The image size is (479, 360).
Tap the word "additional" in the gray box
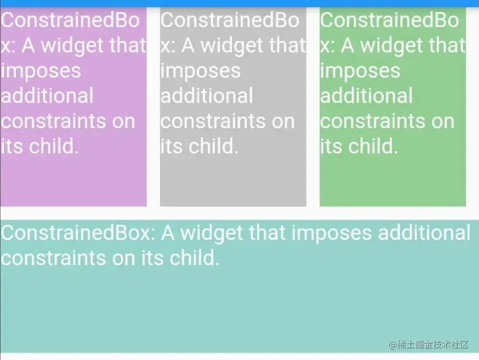point(207,96)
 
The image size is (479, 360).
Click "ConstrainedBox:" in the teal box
point(78,233)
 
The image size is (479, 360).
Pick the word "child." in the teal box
point(195,258)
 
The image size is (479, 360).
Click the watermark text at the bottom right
point(428,345)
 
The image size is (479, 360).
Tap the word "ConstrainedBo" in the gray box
point(230,20)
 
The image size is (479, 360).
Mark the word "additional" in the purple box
point(47,96)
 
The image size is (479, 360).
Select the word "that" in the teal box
point(267,233)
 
